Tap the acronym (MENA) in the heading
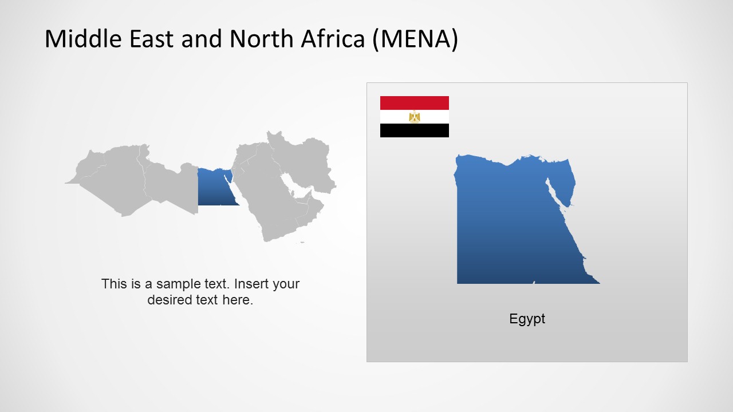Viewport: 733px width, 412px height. pyautogui.click(x=415, y=39)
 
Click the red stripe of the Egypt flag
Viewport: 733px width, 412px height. pyautogui.click(x=414, y=103)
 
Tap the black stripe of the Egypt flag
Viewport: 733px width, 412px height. pyautogui.click(x=414, y=130)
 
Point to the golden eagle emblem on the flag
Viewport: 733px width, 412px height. pyautogui.click(x=415, y=117)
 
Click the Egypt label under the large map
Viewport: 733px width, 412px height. pyautogui.click(x=527, y=319)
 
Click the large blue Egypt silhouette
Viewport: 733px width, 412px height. pyautogui.click(x=504, y=229)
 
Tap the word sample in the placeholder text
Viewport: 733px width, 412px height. pyautogui.click(x=167, y=284)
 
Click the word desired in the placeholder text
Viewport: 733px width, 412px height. pyautogui.click(x=168, y=300)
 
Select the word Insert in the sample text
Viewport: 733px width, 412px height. pyautogui.click(x=252, y=284)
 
